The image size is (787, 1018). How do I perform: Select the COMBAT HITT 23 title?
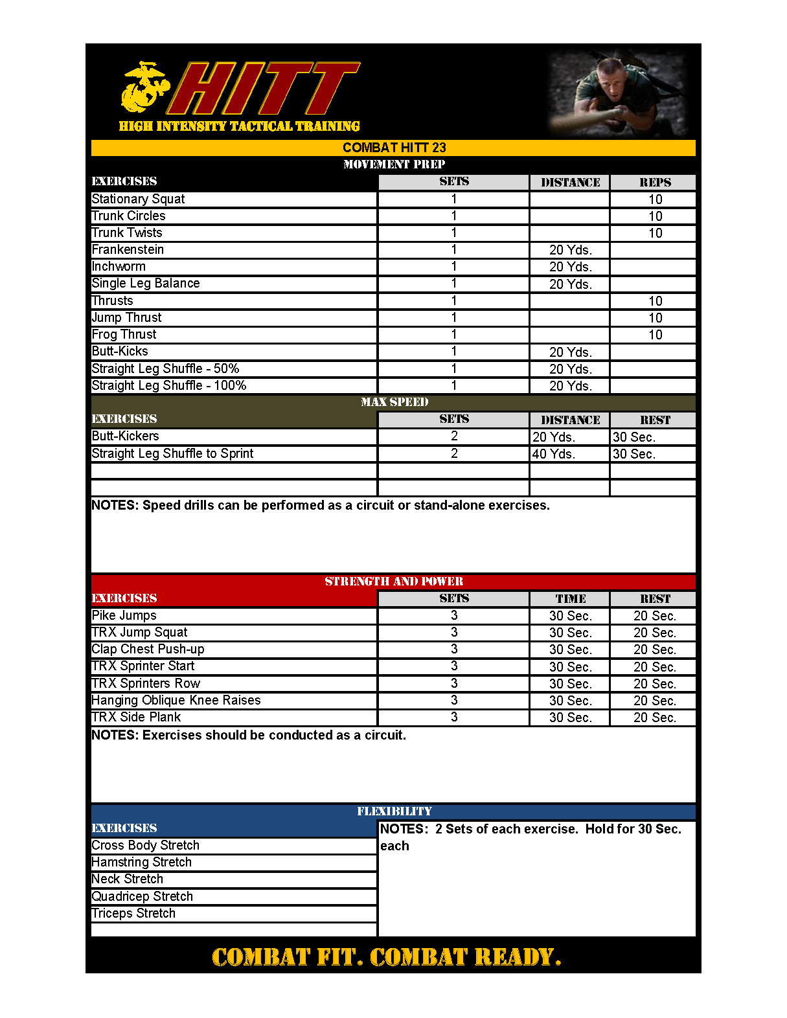tap(394, 148)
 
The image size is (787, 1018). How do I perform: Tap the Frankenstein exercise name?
tap(128, 249)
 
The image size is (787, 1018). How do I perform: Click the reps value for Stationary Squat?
tap(655, 199)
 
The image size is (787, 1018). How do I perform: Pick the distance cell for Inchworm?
tap(570, 267)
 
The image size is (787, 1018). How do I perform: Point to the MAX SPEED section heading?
tap(394, 402)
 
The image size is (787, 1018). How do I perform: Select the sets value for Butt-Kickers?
tap(454, 436)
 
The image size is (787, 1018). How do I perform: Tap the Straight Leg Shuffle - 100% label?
tap(169, 385)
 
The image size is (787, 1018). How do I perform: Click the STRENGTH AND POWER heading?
tap(394, 582)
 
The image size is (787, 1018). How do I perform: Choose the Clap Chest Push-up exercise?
tap(148, 649)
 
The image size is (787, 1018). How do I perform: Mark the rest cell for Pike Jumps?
tap(654, 616)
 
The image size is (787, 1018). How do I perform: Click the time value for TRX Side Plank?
tap(570, 718)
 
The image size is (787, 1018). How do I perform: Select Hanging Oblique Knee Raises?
tap(176, 700)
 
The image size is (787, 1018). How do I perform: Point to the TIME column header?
tap(570, 599)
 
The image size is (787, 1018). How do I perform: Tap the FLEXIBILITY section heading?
tap(394, 811)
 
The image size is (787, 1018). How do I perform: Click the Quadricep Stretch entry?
tap(143, 896)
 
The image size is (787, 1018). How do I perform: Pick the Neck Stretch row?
tap(128, 879)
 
